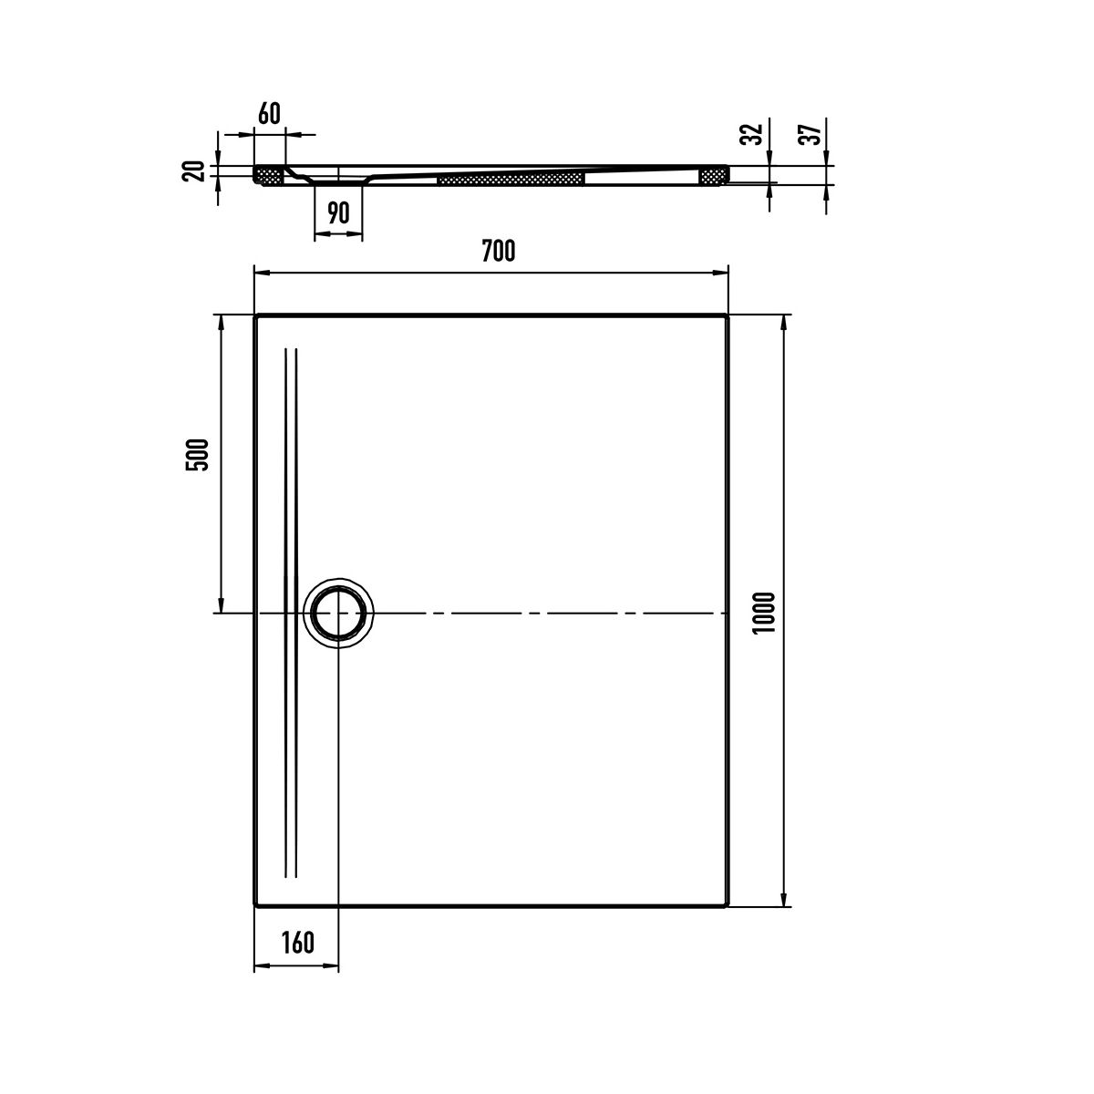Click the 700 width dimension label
(x=498, y=251)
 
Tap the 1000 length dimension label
(x=763, y=614)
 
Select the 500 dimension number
(x=197, y=455)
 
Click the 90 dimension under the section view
(x=338, y=213)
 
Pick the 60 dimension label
(x=269, y=114)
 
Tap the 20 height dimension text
(x=193, y=170)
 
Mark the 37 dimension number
(x=810, y=134)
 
